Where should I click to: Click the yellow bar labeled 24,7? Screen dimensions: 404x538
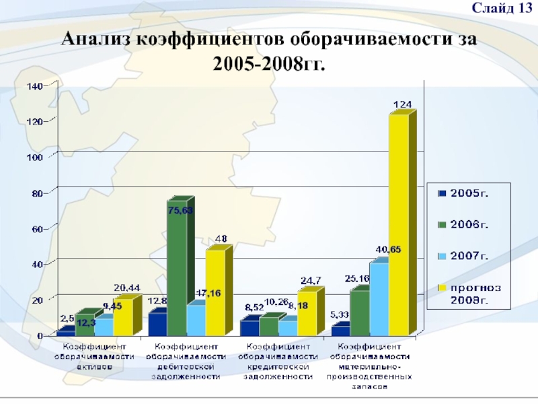coord(306,312)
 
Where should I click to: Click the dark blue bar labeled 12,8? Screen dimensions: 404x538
coord(158,323)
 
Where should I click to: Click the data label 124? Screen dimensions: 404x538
coord(403,104)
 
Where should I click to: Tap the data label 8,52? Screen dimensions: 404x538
coord(253,306)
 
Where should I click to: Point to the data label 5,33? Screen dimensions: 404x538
coord(340,314)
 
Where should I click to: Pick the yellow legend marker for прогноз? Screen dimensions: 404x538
coord(442,288)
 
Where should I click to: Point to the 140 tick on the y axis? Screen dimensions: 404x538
coord(34,86)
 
